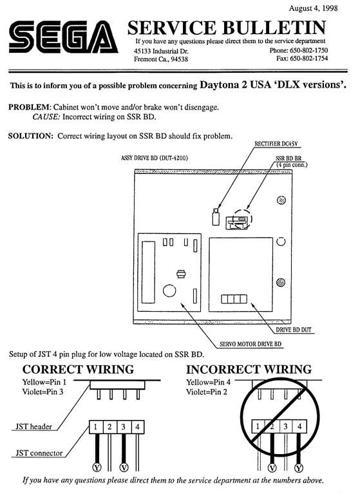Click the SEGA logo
(x=63, y=37)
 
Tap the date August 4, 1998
(x=313, y=8)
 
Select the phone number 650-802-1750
(x=308, y=50)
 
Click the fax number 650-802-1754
(x=308, y=58)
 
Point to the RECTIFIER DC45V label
(x=276, y=144)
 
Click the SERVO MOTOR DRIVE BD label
(x=251, y=344)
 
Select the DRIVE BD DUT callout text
(x=294, y=330)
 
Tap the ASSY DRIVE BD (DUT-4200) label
(x=155, y=158)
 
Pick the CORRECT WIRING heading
(x=78, y=370)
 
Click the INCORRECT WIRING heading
(x=249, y=370)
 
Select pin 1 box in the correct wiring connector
(x=95, y=427)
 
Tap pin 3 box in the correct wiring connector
(x=124, y=427)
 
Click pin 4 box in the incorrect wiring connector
(x=299, y=426)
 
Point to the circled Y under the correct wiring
(x=97, y=467)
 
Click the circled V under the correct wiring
(x=124, y=467)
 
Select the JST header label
(x=33, y=426)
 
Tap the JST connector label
(x=39, y=453)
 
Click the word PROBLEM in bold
(x=29, y=107)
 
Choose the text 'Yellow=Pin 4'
(x=209, y=382)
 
